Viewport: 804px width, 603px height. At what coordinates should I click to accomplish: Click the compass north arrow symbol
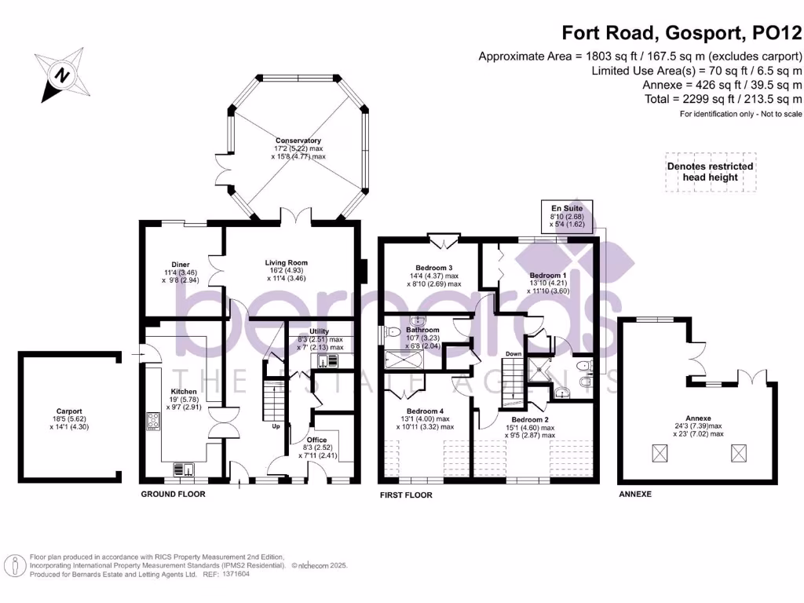click(60, 75)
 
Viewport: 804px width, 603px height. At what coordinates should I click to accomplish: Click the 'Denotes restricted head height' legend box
click(710, 172)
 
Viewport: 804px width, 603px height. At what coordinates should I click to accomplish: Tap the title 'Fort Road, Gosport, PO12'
click(682, 34)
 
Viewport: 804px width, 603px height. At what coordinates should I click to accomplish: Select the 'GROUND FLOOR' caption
click(173, 495)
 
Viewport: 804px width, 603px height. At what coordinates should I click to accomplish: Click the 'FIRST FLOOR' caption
click(406, 495)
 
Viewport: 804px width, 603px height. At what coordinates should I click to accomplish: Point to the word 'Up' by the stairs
click(276, 427)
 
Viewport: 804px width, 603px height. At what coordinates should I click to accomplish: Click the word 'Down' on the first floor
click(512, 353)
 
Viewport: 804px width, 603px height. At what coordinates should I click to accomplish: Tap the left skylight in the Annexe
click(662, 453)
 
